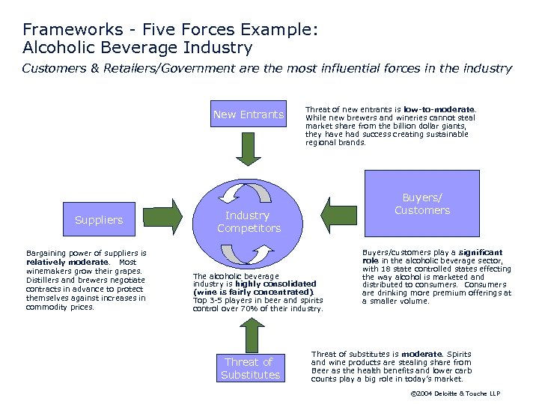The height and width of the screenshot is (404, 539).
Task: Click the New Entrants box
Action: pyautogui.click(x=249, y=114)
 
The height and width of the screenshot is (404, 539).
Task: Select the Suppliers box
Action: pyautogui.click(x=99, y=220)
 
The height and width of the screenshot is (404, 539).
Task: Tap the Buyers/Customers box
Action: pyautogui.click(x=422, y=203)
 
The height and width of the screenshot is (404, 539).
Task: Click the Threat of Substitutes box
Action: pyautogui.click(x=250, y=368)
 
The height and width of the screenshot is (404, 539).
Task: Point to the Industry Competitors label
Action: pyautogui.click(x=249, y=222)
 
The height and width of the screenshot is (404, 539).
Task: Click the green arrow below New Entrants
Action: pyautogui.click(x=249, y=147)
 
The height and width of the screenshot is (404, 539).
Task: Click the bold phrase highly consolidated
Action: pyautogui.click(x=275, y=284)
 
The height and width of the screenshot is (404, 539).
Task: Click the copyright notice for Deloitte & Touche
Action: pyautogui.click(x=456, y=394)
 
